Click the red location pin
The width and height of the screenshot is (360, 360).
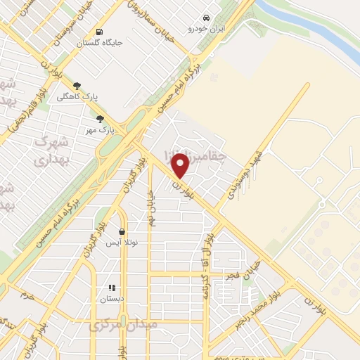(181, 165)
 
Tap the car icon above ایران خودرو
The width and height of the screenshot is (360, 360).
(206, 18)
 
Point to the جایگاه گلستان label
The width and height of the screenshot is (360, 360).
(103, 43)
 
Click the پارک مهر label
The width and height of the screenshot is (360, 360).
(100, 130)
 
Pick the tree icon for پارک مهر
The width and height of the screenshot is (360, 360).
(100, 119)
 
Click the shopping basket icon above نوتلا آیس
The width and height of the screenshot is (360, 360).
(122, 231)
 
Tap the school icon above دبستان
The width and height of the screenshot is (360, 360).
(111, 288)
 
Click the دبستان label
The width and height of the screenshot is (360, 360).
(111, 299)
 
